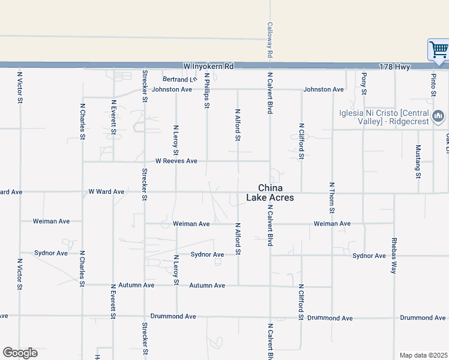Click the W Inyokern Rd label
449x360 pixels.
click(208, 66)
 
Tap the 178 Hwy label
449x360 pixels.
click(394, 67)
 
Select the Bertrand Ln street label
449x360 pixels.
click(179, 79)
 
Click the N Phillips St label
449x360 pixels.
click(207, 91)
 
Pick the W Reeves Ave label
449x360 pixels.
click(176, 161)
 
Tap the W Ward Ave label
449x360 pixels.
click(106, 192)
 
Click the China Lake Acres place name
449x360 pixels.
click(270, 192)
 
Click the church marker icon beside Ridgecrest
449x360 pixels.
click(438, 116)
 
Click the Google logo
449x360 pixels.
click(20, 353)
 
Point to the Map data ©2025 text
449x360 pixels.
click(423, 355)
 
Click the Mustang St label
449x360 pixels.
click(418, 162)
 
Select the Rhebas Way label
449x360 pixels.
click(394, 260)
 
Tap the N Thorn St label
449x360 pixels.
click(331, 197)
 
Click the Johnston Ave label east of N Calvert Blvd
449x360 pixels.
click(324, 89)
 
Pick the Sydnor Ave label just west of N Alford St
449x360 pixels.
click(207, 254)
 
